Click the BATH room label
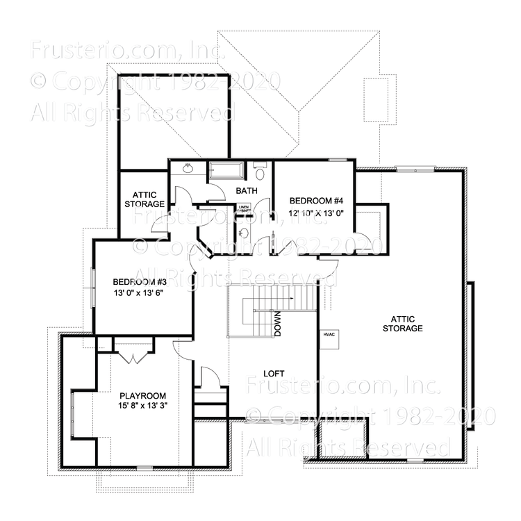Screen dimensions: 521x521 point(247,190)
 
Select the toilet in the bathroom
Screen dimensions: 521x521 point(259,171)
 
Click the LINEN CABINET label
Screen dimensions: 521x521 point(244,208)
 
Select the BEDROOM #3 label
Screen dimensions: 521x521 point(140,282)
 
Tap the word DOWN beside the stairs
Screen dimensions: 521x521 point(277,323)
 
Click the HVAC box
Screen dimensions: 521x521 point(329,335)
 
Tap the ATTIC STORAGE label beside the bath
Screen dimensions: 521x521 point(144,199)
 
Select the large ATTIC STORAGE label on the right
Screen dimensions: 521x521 point(402,323)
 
